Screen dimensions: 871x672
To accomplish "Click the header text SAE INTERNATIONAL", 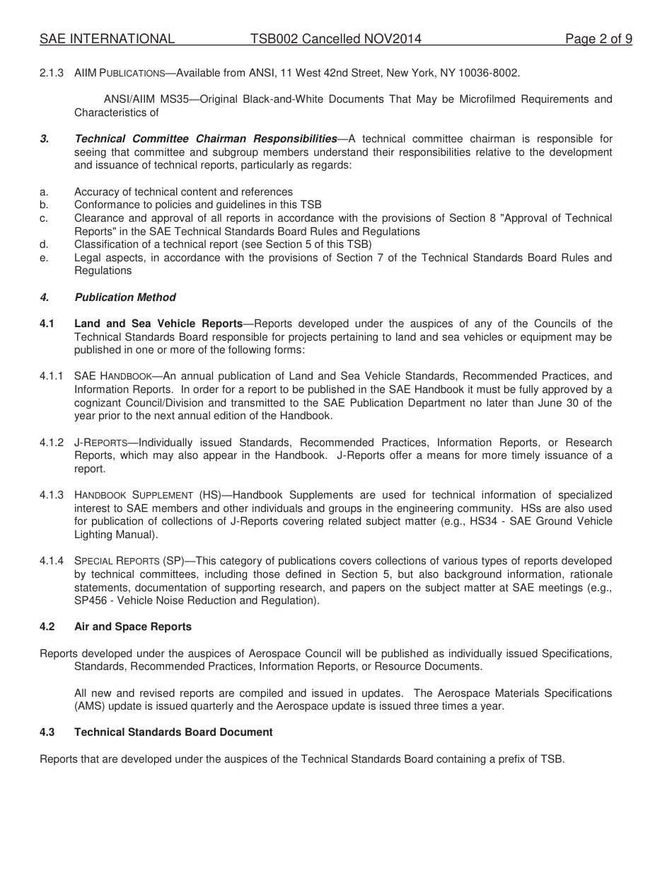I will point(107,39).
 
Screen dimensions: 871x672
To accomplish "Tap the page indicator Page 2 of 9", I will point(598,39).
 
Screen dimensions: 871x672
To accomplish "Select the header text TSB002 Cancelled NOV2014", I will point(335,39).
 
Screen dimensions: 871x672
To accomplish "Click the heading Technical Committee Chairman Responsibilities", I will point(206,139).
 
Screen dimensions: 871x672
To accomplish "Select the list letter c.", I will point(43,218).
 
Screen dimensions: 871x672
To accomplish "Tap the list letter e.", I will point(43,258).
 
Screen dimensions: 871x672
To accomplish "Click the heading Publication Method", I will point(125,297).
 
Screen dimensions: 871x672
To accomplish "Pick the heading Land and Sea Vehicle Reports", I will point(158,324).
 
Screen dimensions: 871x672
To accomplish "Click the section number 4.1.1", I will point(52,376).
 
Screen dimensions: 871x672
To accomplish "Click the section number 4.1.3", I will point(52,495).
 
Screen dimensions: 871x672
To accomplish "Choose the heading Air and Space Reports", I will point(133,627).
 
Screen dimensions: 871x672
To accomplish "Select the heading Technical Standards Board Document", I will point(173,732).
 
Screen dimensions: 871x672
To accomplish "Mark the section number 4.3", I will point(47,732).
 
